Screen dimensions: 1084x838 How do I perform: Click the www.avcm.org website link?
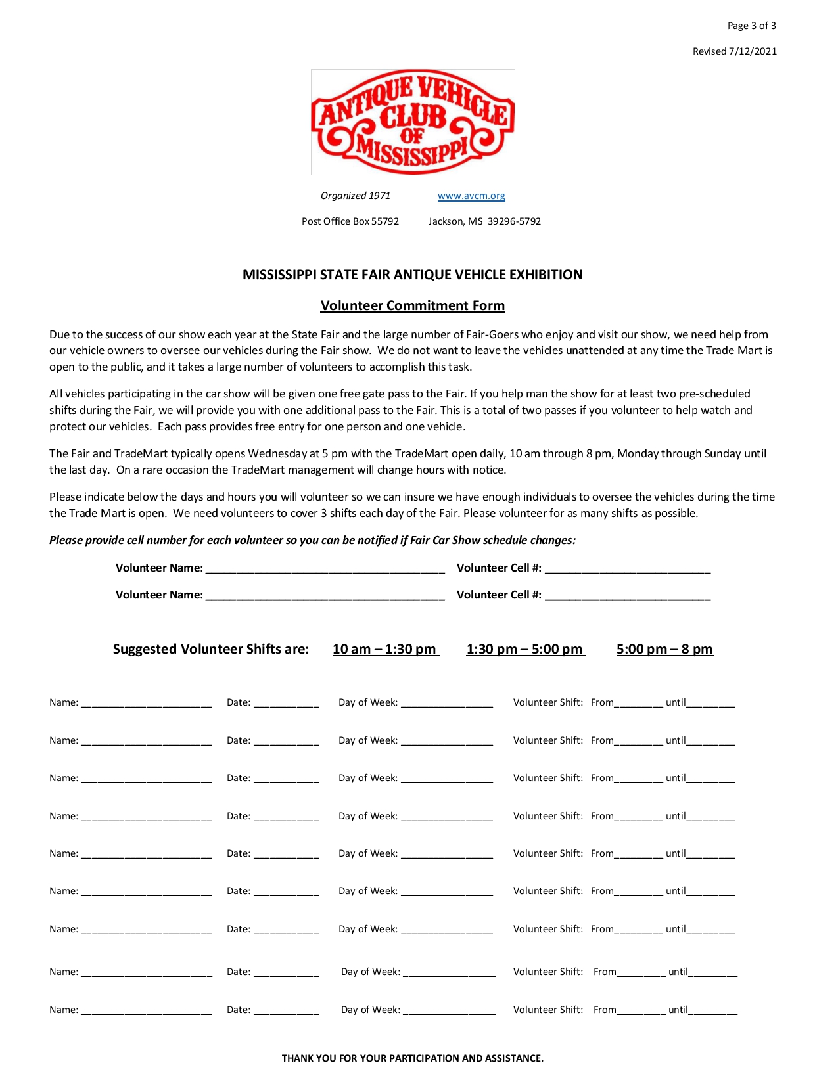pos(471,196)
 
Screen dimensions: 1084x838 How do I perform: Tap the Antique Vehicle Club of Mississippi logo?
pos(413,122)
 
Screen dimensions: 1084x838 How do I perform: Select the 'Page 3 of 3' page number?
pos(751,26)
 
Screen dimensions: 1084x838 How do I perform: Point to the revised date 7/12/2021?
pos(753,51)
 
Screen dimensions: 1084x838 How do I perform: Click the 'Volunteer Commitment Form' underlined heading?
pos(413,305)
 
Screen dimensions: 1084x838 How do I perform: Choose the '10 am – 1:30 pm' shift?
pos(384,649)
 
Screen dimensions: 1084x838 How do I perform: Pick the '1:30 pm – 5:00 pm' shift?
pos(524,649)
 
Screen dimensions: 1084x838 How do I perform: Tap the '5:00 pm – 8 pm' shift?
pos(664,649)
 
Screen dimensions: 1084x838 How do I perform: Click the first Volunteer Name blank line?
pos(325,569)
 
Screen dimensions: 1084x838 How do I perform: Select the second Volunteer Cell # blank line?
pos(628,596)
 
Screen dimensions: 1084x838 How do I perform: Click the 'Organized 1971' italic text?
pos(356,196)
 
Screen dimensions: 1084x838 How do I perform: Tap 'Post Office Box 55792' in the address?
pos(350,221)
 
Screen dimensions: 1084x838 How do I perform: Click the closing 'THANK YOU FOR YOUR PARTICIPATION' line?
pos(413,1058)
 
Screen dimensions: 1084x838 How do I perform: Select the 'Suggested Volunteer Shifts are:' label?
pos(211,649)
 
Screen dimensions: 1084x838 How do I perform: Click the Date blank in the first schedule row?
pos(286,703)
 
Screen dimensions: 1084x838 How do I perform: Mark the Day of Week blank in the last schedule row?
pos(450,1010)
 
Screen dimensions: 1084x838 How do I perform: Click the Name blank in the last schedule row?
pos(147,1010)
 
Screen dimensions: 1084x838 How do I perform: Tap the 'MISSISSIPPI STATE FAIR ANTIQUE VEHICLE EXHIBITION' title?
pos(413,275)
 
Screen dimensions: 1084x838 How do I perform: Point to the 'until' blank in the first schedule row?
pos(710,703)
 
